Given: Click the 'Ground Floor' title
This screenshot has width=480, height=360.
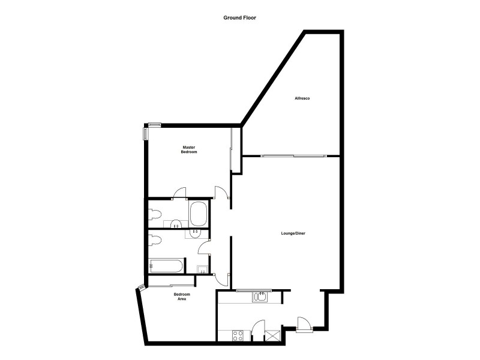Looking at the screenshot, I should [240, 18].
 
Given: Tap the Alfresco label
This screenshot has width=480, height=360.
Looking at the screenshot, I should [301, 98].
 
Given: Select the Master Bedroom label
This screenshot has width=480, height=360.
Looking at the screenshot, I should [189, 149].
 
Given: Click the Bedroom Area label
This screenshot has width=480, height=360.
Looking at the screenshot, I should [182, 296].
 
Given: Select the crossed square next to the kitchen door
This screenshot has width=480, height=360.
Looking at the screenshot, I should [273, 334].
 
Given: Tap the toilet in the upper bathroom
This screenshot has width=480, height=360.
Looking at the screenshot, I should [155, 214].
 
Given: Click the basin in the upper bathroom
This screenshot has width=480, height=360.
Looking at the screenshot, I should [176, 225].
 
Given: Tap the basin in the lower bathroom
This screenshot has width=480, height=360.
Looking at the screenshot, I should [195, 231].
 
